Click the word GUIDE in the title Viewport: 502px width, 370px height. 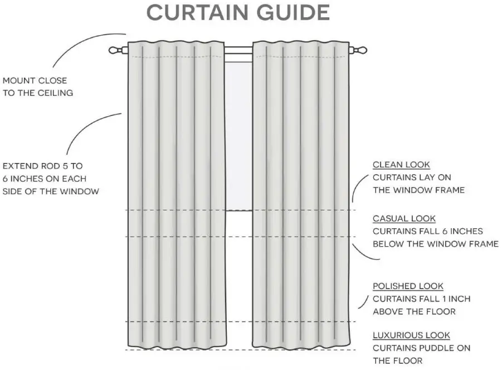(x=296, y=12)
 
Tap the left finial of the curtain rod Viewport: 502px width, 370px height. (x=116, y=50)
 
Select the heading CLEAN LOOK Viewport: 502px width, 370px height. (x=401, y=165)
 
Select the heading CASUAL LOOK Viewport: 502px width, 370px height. (x=404, y=219)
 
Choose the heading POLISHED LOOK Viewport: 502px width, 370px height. (x=408, y=286)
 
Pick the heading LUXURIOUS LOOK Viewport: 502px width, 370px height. (x=411, y=335)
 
